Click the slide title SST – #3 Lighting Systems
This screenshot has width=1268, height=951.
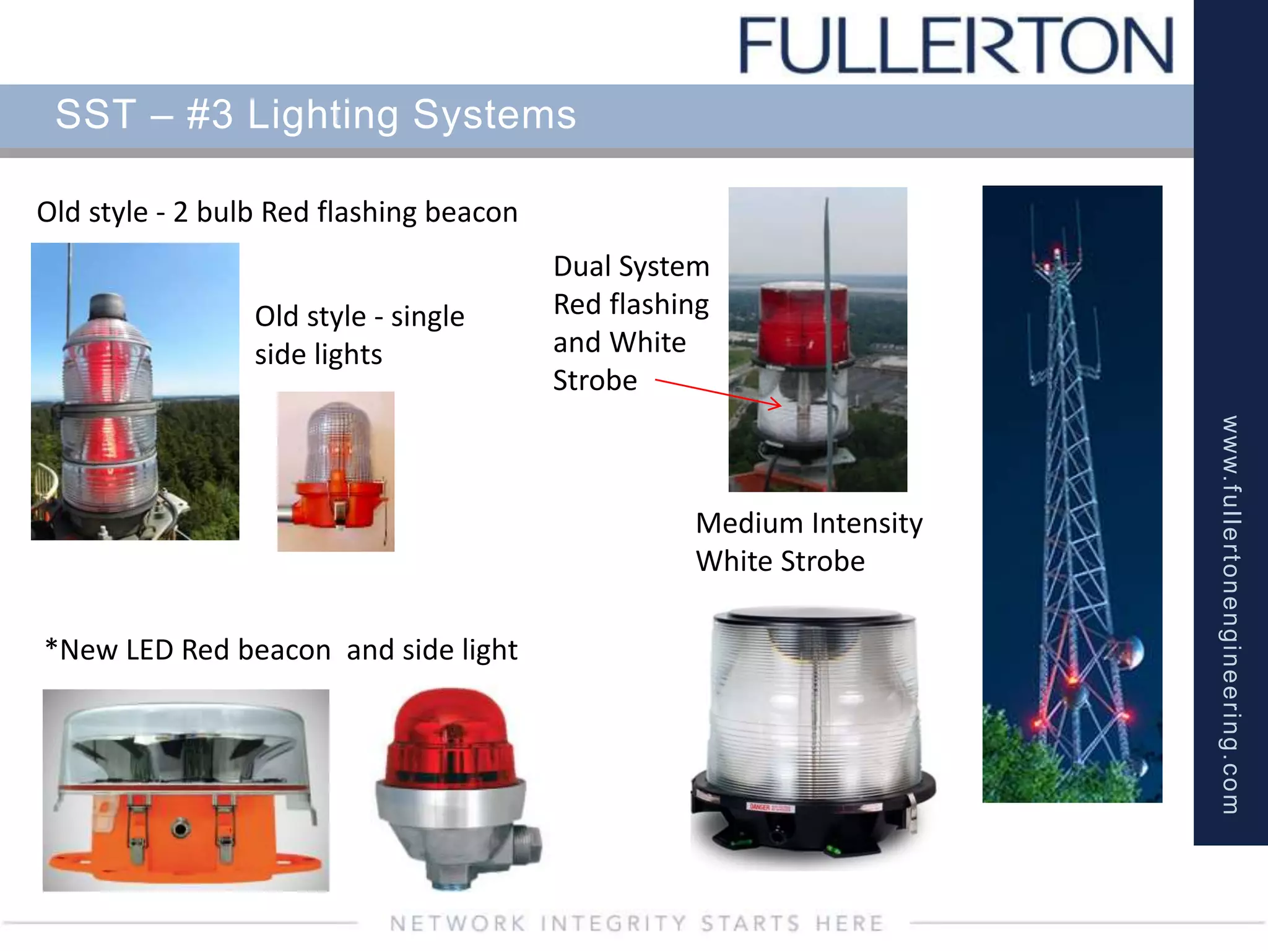[316, 115]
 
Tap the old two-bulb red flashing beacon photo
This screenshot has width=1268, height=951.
[135, 391]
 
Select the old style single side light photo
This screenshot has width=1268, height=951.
[336, 471]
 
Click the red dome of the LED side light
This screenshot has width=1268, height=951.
[450, 737]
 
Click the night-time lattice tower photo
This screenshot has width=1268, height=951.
[1072, 493]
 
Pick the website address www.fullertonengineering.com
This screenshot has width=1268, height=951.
[1230, 614]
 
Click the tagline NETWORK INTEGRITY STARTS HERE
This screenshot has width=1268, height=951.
[636, 924]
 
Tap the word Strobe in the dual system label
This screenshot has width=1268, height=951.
[595, 380]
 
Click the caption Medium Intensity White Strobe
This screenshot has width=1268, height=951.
[809, 542]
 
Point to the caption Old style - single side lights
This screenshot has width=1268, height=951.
[359, 335]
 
